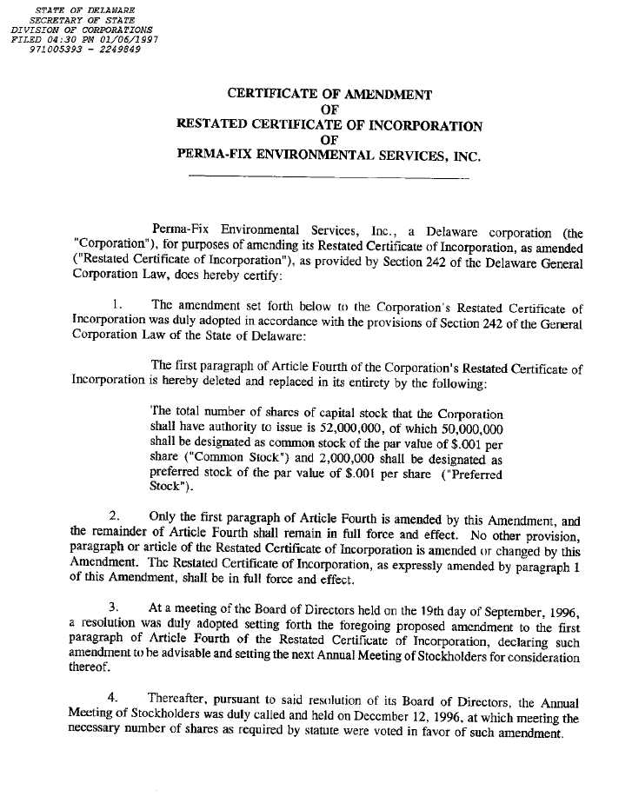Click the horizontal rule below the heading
coord(329,178)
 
